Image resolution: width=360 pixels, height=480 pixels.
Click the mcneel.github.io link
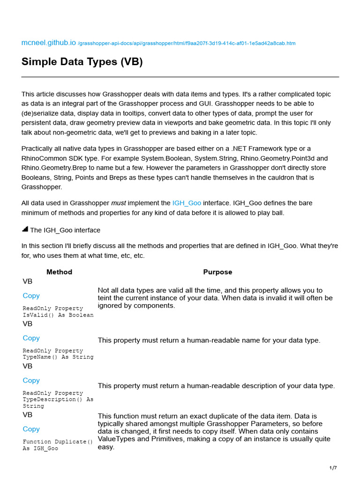point(48,43)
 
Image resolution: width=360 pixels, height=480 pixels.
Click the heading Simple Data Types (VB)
point(82,62)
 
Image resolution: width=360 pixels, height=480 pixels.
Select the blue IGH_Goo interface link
point(187,203)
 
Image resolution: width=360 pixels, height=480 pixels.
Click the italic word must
point(117,203)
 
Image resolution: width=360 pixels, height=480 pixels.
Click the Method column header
point(59,272)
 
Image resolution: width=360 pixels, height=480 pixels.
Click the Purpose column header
point(217,272)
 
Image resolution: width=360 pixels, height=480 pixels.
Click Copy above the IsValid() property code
point(31,296)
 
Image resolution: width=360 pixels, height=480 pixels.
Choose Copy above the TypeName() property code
point(31,338)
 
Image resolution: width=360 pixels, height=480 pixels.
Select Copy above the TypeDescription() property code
point(31,380)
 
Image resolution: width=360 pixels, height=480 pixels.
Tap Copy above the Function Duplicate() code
point(31,429)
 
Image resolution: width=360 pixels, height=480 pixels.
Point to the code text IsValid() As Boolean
point(58,315)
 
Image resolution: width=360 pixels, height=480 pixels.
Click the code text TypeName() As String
point(58,357)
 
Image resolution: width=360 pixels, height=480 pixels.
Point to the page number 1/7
point(333,468)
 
